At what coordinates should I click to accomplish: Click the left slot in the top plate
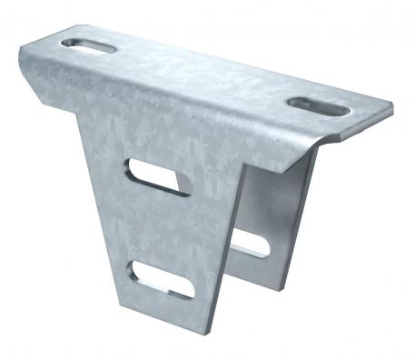(88, 45)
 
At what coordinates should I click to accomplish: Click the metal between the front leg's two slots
(161, 227)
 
